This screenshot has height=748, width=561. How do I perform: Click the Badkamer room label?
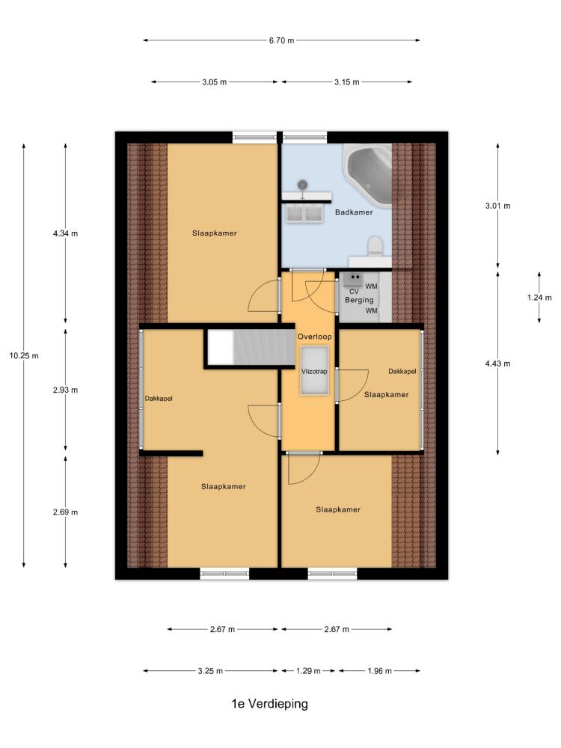pyautogui.click(x=354, y=212)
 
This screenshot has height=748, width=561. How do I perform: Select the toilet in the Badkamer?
pyautogui.click(x=375, y=246)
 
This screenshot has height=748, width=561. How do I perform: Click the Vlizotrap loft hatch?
pyautogui.click(x=314, y=371)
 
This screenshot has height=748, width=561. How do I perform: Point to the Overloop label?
pyautogui.click(x=314, y=337)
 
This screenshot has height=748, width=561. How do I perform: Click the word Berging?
pyautogui.click(x=359, y=300)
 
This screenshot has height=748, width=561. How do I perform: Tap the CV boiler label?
pyautogui.click(x=354, y=292)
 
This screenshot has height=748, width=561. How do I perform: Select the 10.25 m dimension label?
pyautogui.click(x=24, y=356)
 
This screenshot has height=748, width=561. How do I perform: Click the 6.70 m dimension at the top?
pyautogui.click(x=281, y=40)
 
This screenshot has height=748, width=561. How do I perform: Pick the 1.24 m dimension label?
pyautogui.click(x=539, y=298)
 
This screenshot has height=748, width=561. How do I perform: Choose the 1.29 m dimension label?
pyautogui.click(x=308, y=671)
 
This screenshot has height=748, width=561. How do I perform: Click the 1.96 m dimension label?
pyautogui.click(x=379, y=671)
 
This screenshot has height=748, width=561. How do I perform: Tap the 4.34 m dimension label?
pyautogui.click(x=65, y=233)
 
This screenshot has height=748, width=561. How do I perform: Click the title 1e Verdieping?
pyautogui.click(x=269, y=704)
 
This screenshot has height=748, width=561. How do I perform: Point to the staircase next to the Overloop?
pyautogui.click(x=251, y=347)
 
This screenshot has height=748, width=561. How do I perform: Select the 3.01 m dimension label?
pyautogui.click(x=497, y=206)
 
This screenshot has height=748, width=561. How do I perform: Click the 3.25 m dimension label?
pyautogui.click(x=210, y=671)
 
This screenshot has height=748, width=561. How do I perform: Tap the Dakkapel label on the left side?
pyautogui.click(x=159, y=399)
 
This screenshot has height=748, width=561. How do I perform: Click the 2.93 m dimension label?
pyautogui.click(x=65, y=390)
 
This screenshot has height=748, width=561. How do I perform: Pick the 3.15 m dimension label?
pyautogui.click(x=347, y=82)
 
